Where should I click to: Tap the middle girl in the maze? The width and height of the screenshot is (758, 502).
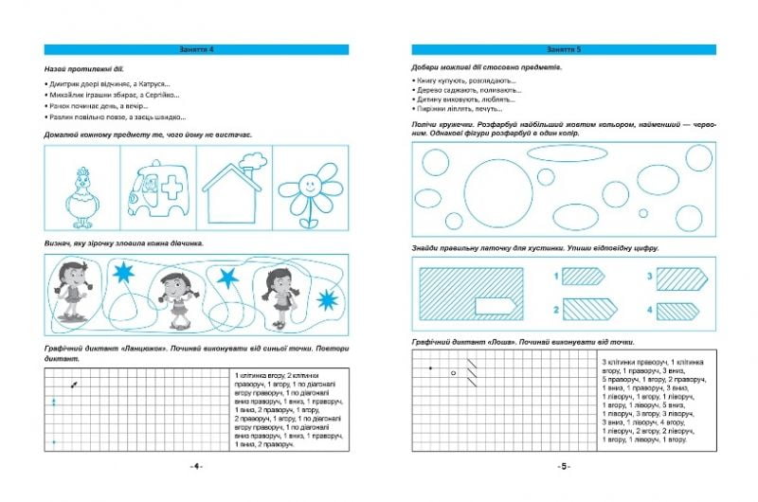(173, 291)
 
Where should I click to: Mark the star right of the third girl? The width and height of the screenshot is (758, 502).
(327, 300)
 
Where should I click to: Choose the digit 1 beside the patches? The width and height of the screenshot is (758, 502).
(553, 276)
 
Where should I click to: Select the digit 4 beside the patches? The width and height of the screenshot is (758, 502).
(650, 309)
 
